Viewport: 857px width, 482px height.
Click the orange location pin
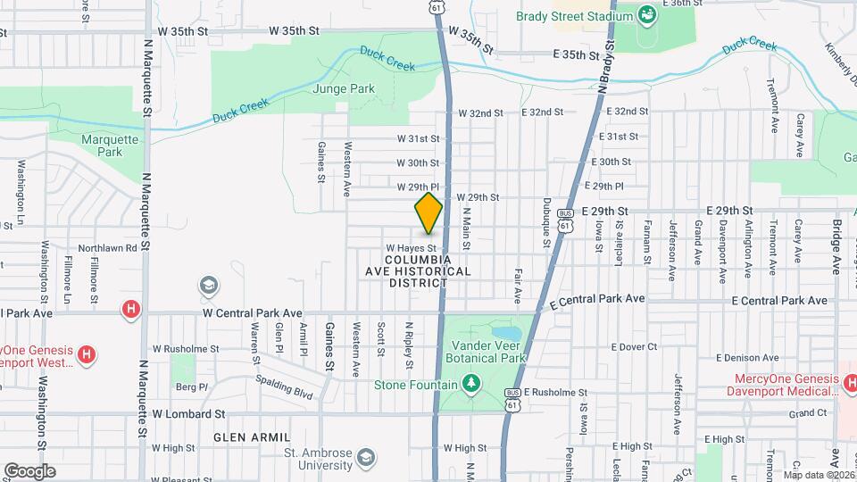click(428, 212)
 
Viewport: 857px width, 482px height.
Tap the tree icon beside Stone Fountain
click(470, 384)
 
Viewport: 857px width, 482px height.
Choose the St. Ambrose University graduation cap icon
click(364, 458)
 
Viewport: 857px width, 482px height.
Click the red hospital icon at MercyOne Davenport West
click(87, 355)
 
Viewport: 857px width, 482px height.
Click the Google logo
click(29, 470)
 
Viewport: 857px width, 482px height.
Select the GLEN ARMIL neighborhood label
click(253, 437)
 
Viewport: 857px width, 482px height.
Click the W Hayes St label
click(411, 248)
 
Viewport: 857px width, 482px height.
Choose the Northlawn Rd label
click(107, 248)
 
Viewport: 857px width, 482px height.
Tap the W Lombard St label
click(188, 414)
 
